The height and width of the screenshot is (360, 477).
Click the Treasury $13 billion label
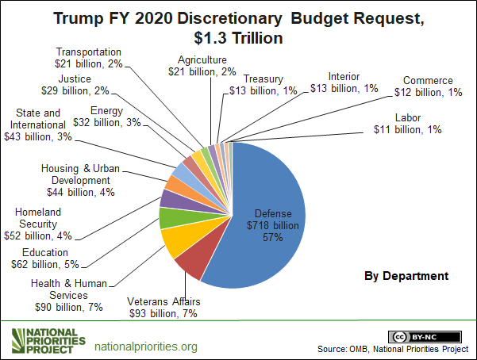coord(268,84)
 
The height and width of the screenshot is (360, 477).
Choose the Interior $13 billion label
coord(344,82)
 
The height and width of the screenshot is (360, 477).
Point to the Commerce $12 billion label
coord(428,86)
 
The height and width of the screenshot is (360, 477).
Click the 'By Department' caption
coord(406,276)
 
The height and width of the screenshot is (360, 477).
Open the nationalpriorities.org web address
coord(146,347)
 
